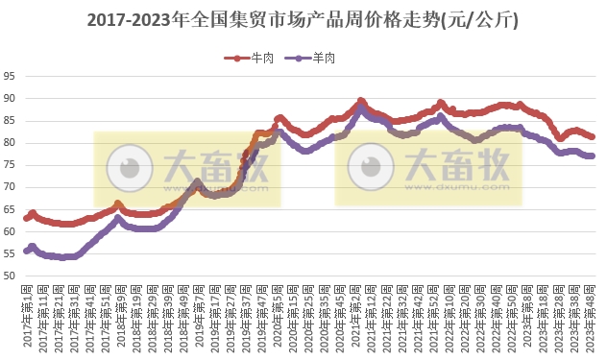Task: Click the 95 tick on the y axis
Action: pyautogui.click(x=9, y=76)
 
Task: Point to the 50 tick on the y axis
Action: pyautogui.click(x=9, y=276)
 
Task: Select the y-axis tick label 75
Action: pyautogui.click(x=9, y=165)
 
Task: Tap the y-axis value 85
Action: pyautogui.click(x=9, y=120)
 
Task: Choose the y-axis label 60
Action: pyautogui.click(x=9, y=232)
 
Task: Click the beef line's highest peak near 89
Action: pyautogui.click(x=361, y=101)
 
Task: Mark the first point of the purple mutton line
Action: pyautogui.click(x=27, y=251)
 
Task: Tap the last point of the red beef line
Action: pyautogui.click(x=592, y=137)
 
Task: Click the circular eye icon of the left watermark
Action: pyautogui.click(x=126, y=169)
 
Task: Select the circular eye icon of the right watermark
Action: pyautogui.click(x=367, y=167)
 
